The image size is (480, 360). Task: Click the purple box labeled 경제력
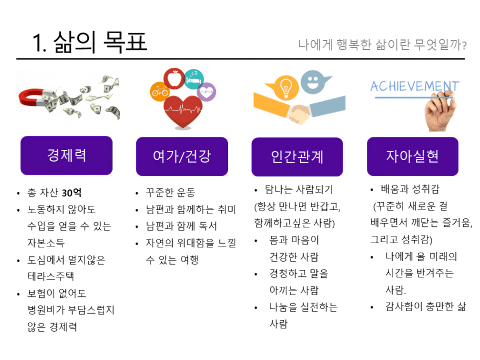[x=66, y=155]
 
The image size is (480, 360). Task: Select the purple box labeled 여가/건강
[x=182, y=156]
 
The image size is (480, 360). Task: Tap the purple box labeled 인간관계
[x=297, y=157]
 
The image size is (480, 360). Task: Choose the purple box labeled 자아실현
[x=413, y=156]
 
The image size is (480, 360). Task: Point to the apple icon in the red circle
[x=174, y=78]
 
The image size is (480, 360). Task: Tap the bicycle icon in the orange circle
[x=160, y=92]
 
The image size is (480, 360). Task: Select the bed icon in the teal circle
[x=194, y=79]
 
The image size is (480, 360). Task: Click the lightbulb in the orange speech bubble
[x=286, y=87]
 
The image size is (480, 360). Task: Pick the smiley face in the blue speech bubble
[x=313, y=82]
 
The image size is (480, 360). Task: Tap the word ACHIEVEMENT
[x=415, y=86]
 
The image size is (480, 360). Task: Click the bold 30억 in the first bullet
[x=72, y=193]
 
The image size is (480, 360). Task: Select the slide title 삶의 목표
[x=100, y=42]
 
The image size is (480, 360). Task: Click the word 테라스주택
[x=51, y=276]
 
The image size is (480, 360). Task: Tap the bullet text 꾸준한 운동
[x=171, y=193]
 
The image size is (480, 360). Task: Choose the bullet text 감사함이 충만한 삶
[x=425, y=306]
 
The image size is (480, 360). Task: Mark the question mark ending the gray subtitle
[x=464, y=46]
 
